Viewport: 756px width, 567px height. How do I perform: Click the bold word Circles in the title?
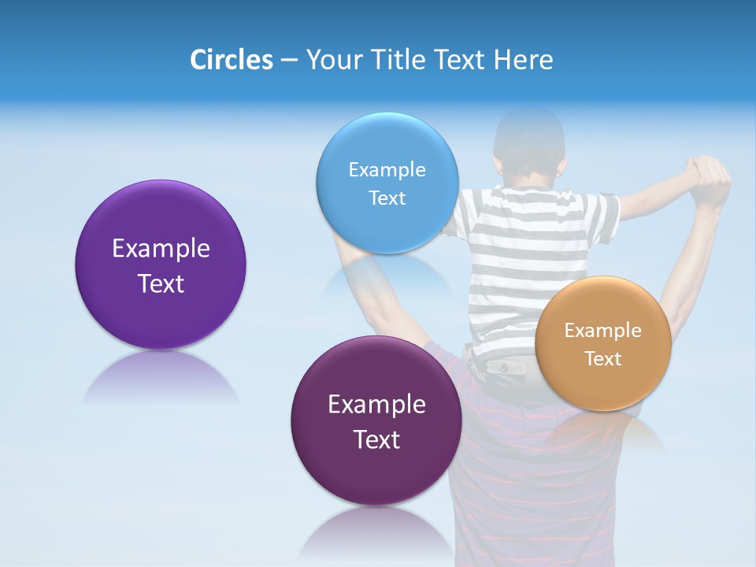pyautogui.click(x=231, y=60)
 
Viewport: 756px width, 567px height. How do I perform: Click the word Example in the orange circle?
pyautogui.click(x=603, y=331)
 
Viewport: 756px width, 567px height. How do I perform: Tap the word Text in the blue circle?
pyautogui.click(x=387, y=198)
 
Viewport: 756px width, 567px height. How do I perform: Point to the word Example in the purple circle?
pyautogui.click(x=161, y=249)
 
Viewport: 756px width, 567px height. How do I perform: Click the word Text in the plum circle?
pyautogui.click(x=376, y=439)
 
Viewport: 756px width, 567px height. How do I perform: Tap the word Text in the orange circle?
pyautogui.click(x=603, y=359)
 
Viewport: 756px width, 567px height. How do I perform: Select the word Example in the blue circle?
pyautogui.click(x=387, y=170)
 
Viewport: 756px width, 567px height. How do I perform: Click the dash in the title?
pyautogui.click(x=289, y=60)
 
